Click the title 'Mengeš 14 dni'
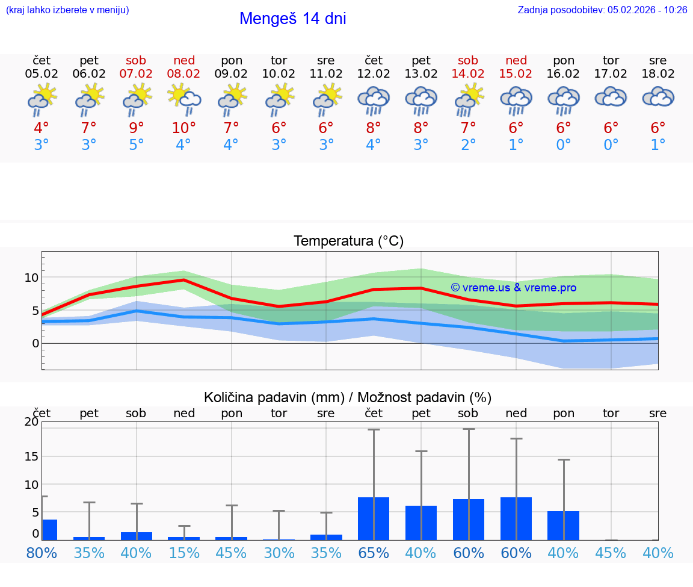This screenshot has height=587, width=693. point(292,19)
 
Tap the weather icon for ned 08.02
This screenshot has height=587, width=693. point(184,99)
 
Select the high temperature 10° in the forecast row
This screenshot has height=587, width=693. point(184,128)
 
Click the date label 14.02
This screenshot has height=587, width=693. point(468,73)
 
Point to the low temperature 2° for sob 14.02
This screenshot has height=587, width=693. point(468,145)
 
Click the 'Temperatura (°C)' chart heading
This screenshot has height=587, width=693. point(348,241)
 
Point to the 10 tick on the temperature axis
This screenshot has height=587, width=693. point(31,278)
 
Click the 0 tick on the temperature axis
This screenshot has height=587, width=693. point(35,343)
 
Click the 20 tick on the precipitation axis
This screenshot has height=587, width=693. point(31,421)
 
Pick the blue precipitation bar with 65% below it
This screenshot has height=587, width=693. point(374,518)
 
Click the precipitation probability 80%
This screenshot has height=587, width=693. point(42,553)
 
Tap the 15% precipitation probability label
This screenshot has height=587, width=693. point(184,553)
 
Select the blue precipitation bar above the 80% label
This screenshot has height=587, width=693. point(49,529)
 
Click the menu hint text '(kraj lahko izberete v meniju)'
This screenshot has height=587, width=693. point(67,10)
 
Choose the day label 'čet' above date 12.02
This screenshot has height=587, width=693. point(374,60)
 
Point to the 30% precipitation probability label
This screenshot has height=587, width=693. point(279,553)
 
